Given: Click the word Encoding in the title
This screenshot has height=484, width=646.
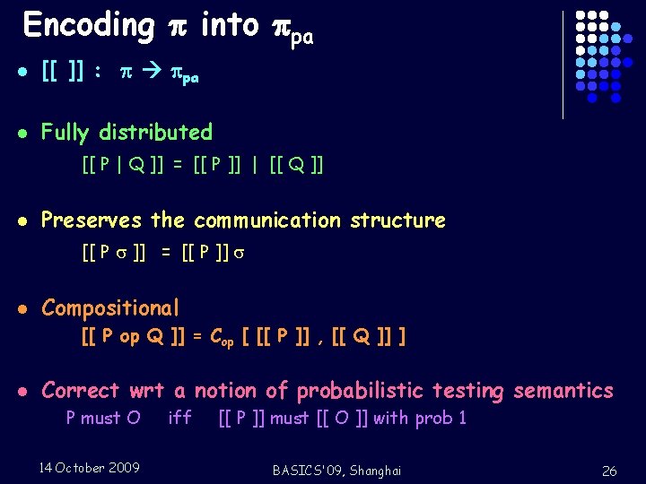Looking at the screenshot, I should click(x=88, y=26).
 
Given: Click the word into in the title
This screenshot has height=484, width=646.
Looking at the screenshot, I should click(x=230, y=25).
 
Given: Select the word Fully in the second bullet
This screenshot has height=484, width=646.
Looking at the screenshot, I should click(x=65, y=133).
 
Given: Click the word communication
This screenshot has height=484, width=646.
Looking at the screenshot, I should click(x=268, y=220).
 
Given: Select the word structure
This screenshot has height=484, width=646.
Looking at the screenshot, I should click(x=397, y=220).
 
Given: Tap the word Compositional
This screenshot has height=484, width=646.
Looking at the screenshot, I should click(x=110, y=308).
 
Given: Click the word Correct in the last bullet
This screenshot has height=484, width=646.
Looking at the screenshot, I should click(x=80, y=391).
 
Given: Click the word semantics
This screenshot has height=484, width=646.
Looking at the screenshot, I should click(x=563, y=391).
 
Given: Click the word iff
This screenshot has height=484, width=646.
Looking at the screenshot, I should click(x=179, y=418).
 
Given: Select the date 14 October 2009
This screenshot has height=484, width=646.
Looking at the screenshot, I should click(x=89, y=468).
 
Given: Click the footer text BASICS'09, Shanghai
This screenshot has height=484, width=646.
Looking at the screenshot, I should click(x=336, y=471).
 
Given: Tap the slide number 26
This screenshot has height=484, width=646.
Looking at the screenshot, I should click(x=609, y=471).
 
